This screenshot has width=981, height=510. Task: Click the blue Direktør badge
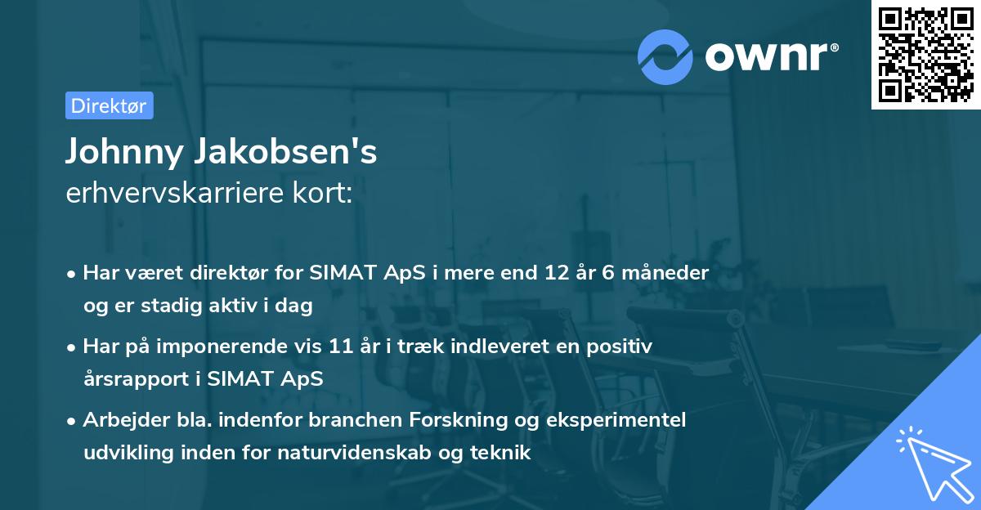109,105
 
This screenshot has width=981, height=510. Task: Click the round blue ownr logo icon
665,56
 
